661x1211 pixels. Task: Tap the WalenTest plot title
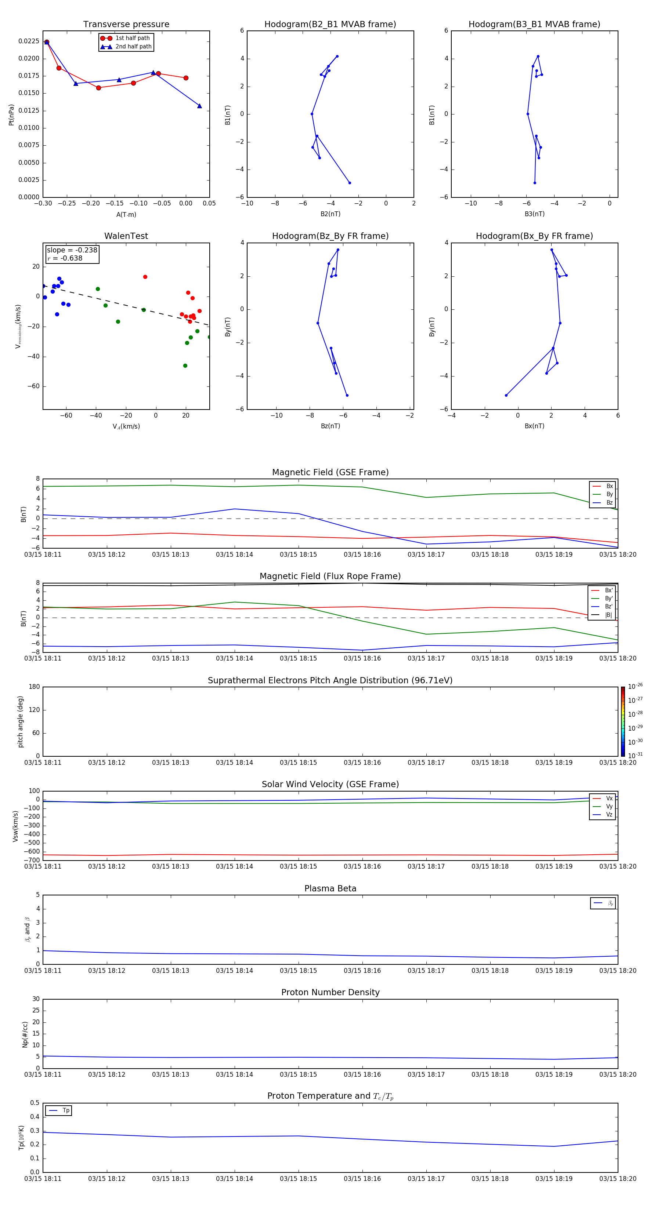tap(126, 236)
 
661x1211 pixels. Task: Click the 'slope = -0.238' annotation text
tap(72, 250)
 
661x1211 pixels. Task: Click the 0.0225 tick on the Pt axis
tap(29, 41)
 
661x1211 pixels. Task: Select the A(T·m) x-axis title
tap(126, 215)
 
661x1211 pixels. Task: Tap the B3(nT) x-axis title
tap(534, 214)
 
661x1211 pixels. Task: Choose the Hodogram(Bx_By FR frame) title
tap(534, 236)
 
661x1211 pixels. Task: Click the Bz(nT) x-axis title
tap(330, 426)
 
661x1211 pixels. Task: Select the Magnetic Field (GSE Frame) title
tap(330, 472)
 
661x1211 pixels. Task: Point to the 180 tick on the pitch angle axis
tap(35, 687)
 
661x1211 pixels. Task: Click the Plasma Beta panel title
tap(330, 888)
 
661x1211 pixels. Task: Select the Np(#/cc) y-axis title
tap(25, 1034)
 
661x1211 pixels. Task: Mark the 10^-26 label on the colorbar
tap(635, 686)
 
